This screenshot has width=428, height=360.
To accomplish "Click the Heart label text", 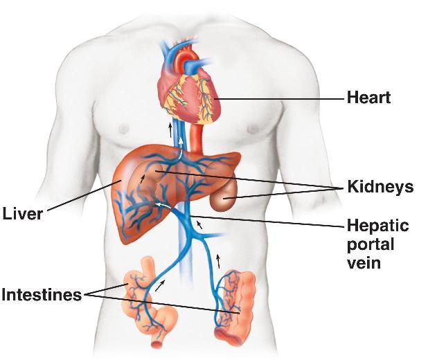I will point(368,98).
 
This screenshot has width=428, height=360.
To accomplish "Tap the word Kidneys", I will point(380,187).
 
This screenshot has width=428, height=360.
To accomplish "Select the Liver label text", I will point(22,213).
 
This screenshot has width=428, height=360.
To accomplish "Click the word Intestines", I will point(41,295).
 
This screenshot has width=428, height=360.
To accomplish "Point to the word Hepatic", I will point(377,226).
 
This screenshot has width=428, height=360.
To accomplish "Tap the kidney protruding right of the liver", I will point(223,199).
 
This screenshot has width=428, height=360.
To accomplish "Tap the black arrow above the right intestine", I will point(219,260).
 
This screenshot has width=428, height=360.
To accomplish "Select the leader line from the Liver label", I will point(80,198).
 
